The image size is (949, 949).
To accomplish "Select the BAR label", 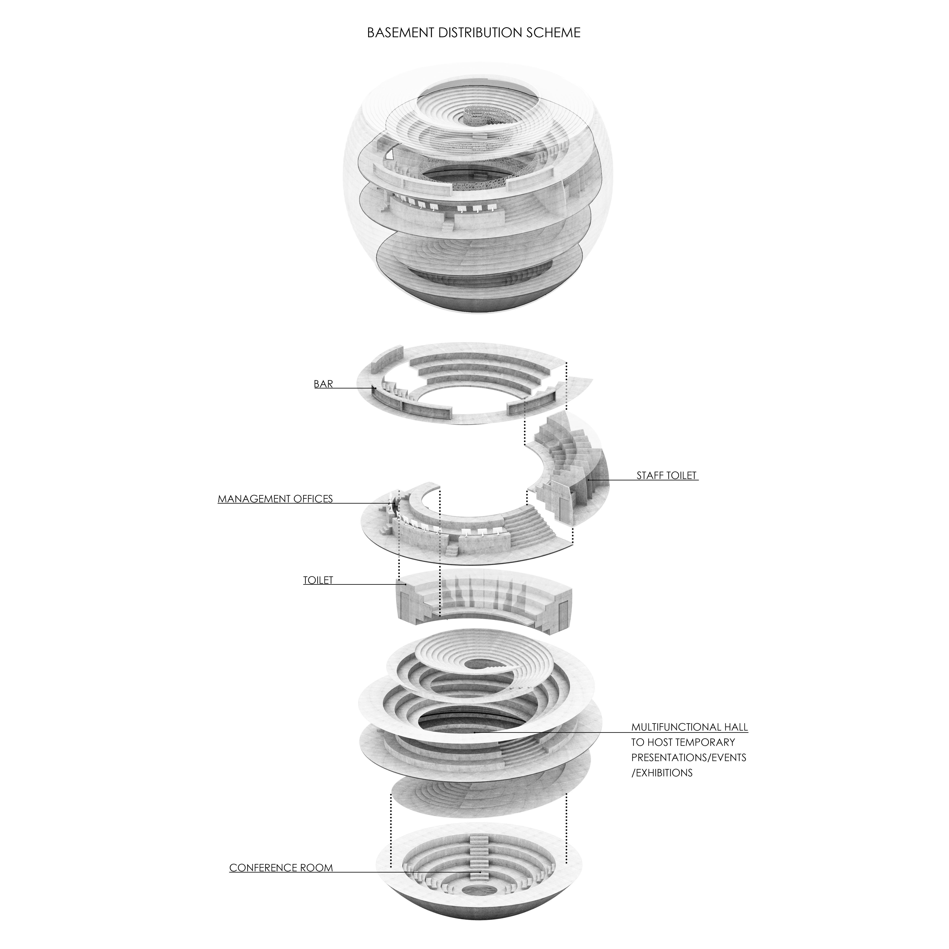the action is [x=323, y=384].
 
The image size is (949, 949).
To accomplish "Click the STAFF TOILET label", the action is [x=666, y=476].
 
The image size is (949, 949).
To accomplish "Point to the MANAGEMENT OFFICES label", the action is [x=275, y=499].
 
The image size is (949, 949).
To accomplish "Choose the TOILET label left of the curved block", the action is [x=318, y=580].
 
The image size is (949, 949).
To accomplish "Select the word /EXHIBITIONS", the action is [x=662, y=773].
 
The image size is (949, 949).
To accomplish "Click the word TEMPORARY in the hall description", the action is [x=705, y=742].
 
